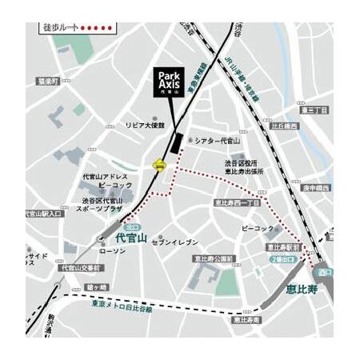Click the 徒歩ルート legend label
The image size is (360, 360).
59,27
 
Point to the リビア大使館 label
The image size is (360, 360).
145,126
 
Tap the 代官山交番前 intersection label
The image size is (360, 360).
83,268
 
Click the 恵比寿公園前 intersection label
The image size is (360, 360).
214,258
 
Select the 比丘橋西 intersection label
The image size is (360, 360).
284,126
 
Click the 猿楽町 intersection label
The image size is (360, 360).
48,81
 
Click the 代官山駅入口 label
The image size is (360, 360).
43,214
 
